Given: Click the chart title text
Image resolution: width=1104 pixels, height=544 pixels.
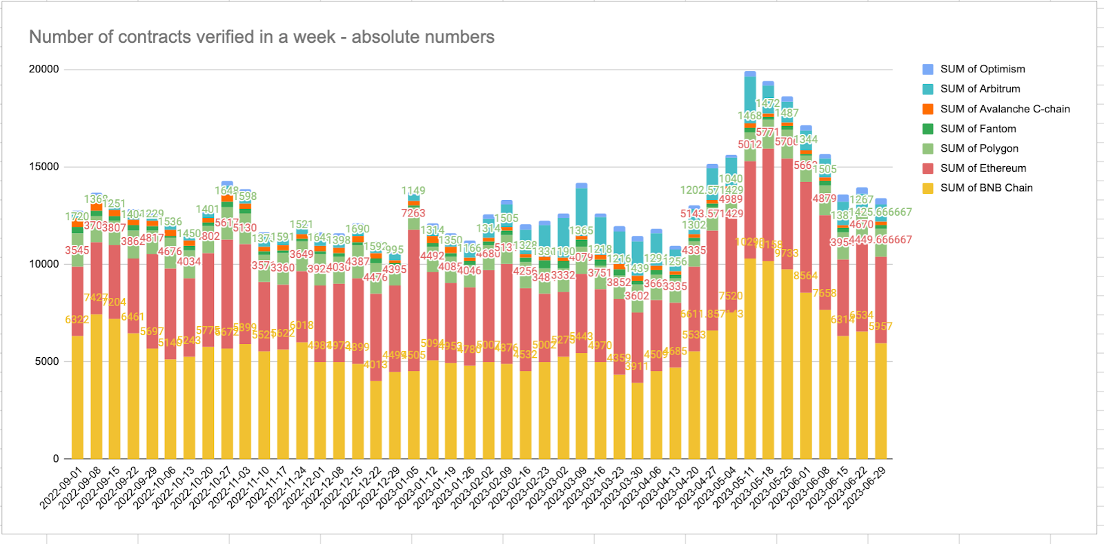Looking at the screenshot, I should coord(262,37).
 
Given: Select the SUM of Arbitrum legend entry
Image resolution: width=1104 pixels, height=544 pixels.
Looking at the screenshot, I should coord(980,89).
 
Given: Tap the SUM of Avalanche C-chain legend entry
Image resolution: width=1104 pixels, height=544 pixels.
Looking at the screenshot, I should coord(1005,109).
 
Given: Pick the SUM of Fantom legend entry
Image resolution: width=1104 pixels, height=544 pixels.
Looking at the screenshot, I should coord(978,129).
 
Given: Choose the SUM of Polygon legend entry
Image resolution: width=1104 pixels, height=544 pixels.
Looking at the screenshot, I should coord(978,148).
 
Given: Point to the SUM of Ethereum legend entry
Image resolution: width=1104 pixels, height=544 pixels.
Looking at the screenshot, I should coord(983,168).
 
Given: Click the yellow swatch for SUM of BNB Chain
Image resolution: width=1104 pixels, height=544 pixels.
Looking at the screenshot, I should coord(928,188).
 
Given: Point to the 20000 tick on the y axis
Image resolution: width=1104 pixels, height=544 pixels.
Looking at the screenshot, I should coord(43,70).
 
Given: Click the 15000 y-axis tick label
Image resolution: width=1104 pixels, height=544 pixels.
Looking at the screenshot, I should coord(43,167).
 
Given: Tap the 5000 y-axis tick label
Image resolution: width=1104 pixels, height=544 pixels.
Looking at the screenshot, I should coord(47,362).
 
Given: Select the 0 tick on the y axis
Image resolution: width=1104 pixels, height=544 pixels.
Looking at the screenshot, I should coord(56,459).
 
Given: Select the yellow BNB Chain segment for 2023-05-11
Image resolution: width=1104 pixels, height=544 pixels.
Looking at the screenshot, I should coord(750,359).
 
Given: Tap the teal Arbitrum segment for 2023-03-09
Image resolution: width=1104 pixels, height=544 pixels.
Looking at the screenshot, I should coord(582,211).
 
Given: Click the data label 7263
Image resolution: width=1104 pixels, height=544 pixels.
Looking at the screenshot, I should coord(413,214).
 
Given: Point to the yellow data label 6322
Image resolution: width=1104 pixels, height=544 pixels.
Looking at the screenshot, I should coord(77,320).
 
